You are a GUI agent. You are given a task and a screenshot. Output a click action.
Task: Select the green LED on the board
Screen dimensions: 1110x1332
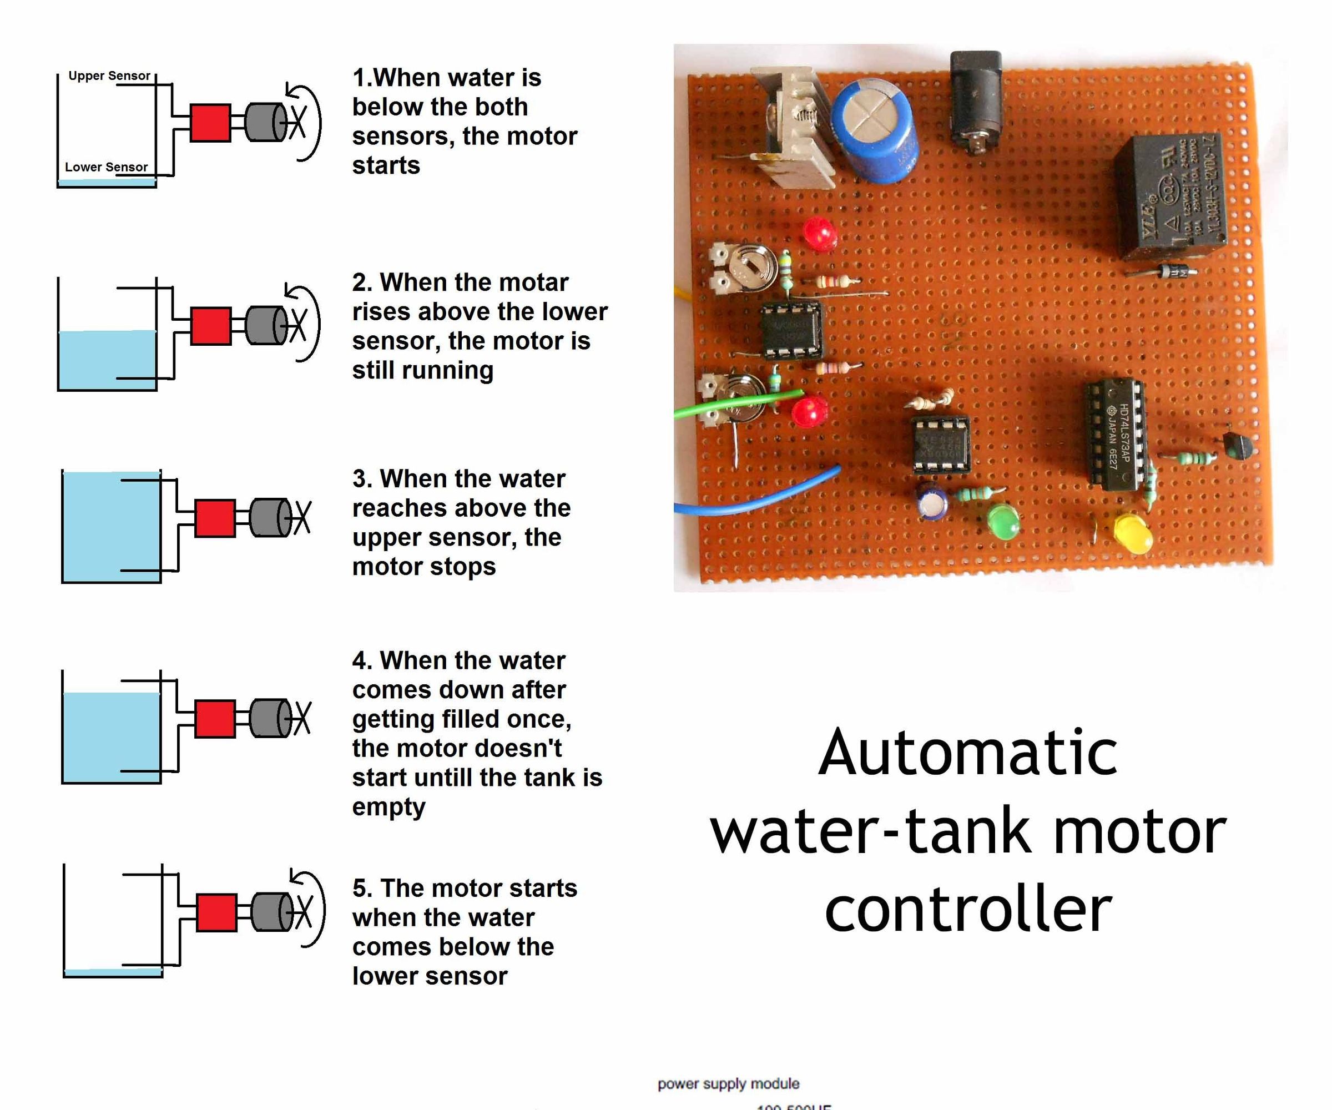click(1004, 521)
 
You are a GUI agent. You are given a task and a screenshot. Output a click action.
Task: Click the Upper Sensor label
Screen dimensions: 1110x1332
click(109, 75)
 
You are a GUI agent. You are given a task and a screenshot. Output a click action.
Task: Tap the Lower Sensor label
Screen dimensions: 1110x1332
click(106, 167)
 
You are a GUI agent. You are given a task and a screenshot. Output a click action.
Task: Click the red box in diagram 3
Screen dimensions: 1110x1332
click(215, 518)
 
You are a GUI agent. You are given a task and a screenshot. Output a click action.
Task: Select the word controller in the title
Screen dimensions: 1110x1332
click(967, 910)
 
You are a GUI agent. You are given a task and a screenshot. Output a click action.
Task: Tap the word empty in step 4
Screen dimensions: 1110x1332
click(388, 808)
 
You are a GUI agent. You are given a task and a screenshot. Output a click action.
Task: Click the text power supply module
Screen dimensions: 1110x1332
click(728, 1083)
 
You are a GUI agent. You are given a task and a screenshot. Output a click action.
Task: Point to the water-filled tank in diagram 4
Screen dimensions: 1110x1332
click(111, 736)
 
